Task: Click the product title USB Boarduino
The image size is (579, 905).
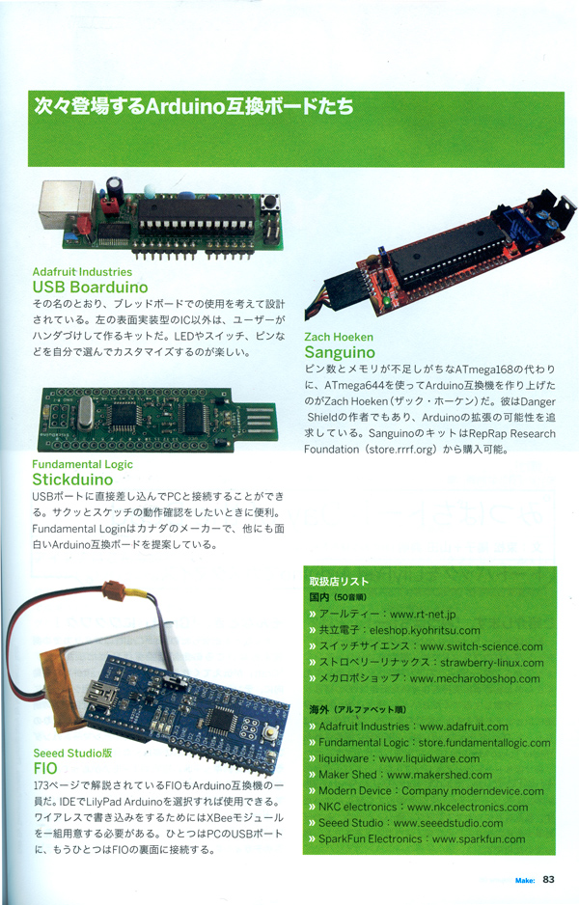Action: point(90,287)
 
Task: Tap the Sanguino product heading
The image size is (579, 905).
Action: point(340,352)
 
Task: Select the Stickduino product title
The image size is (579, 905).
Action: point(72,480)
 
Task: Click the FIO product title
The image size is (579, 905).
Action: point(45,768)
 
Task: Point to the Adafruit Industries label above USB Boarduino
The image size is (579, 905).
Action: point(82,272)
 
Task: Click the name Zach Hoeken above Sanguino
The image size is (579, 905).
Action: point(339,337)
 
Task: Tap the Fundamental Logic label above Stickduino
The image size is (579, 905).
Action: point(83,464)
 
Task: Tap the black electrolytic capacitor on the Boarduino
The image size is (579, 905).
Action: point(114,187)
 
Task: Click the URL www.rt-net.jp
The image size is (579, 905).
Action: point(423,614)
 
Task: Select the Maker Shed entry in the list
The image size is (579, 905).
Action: point(405,775)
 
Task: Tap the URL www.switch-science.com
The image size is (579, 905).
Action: point(482,646)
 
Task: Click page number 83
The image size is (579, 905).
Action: point(548,879)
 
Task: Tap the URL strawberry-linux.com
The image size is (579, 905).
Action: point(492,663)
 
